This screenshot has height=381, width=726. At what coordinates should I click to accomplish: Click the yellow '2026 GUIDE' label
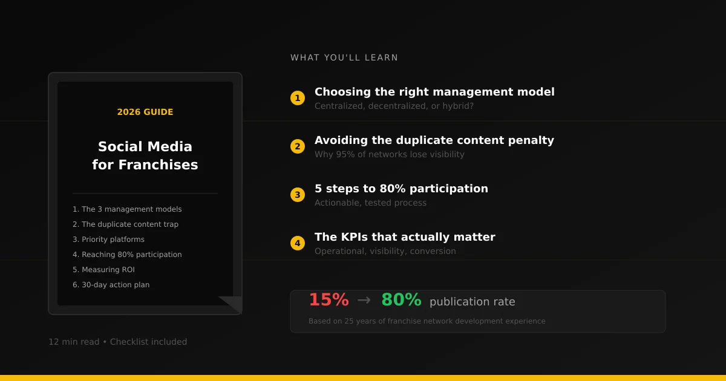[x=145, y=112]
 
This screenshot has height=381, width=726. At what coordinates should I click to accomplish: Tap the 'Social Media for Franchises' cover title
[x=145, y=155]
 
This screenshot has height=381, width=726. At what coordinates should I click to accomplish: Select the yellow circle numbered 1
[x=297, y=98]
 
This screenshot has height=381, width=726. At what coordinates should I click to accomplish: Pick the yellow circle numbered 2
[x=297, y=146]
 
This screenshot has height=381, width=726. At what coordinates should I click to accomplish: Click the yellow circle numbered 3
[x=297, y=195]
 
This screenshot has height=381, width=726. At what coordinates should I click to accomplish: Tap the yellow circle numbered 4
[x=297, y=243]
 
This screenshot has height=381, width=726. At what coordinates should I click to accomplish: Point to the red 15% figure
[x=329, y=300]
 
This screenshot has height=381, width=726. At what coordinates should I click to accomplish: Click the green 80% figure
[x=401, y=300]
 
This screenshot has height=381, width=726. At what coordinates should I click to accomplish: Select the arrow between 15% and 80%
[x=364, y=300]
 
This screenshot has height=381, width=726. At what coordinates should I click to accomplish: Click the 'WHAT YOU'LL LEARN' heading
[x=344, y=58]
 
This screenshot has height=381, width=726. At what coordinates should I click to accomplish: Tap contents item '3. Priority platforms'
[x=108, y=239]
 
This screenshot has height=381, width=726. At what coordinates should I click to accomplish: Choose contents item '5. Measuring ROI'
[x=103, y=270]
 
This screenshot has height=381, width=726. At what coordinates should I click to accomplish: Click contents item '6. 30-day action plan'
[x=111, y=285]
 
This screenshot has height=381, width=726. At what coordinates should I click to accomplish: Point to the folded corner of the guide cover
[x=232, y=304]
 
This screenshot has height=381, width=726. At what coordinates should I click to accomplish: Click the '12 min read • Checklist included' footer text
[x=117, y=342]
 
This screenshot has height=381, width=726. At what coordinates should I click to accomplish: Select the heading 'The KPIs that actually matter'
[x=405, y=237]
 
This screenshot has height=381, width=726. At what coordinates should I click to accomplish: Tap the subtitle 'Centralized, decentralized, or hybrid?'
[x=394, y=106]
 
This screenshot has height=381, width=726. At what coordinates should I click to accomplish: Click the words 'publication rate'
[x=472, y=302]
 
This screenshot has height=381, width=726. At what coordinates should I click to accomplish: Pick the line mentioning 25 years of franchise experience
[x=427, y=321]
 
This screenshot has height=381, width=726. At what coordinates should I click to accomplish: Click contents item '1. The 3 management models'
[x=127, y=209]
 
